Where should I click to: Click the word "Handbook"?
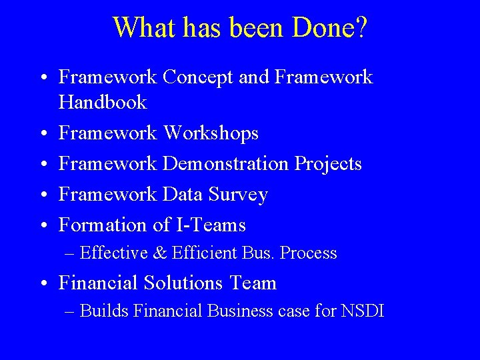[103, 103]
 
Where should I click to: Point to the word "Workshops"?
[211, 133]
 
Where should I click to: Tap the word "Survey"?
[238, 195]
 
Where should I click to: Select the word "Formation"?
[103, 225]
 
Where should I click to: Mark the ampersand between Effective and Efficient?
[159, 253]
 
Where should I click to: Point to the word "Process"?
[309, 253]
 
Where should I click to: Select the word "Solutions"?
[184, 283]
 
